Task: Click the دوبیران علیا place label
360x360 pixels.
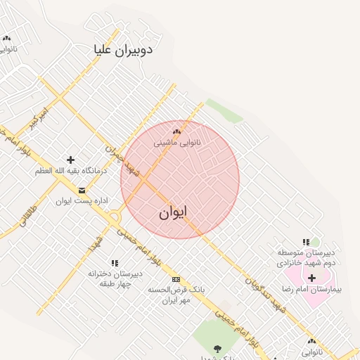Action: click(123, 50)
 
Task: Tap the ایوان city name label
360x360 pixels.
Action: click(172, 212)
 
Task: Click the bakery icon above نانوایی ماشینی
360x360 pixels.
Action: click(176, 131)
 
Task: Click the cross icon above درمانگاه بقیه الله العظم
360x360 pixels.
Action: click(70, 160)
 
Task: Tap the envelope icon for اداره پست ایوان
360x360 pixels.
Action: click(82, 190)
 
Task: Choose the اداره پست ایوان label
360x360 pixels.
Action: click(82, 200)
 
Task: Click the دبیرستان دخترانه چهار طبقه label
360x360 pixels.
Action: click(115, 278)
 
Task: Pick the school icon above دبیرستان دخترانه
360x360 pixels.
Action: click(115, 263)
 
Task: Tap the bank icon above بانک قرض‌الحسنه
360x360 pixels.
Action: click(176, 279)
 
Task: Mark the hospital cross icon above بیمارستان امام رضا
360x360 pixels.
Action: click(311, 278)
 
